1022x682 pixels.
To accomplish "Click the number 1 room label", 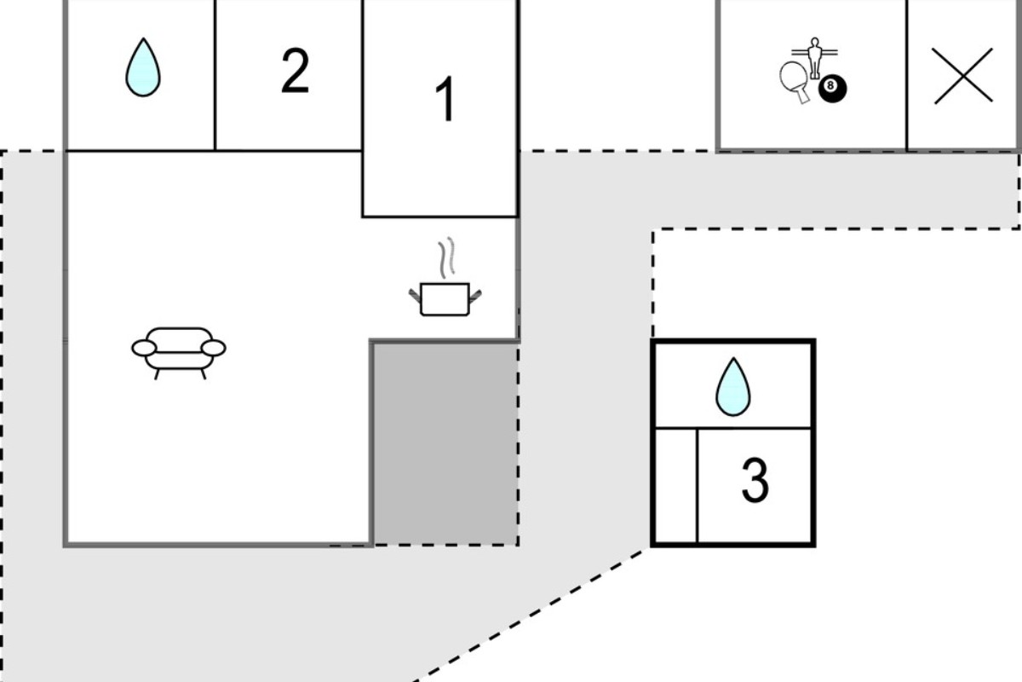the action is pyautogui.click(x=445, y=99).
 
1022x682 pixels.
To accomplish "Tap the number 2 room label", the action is pyautogui.click(x=296, y=71).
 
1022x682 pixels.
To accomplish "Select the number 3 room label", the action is pyautogui.click(x=755, y=480).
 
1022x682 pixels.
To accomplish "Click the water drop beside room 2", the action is pyautogui.click(x=143, y=67).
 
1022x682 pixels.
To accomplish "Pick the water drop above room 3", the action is pyautogui.click(x=733, y=387).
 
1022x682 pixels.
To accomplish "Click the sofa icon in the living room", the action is pyautogui.click(x=179, y=353).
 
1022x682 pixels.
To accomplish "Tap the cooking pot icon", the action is pyautogui.click(x=445, y=299).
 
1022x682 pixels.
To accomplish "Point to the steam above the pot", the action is pyautogui.click(x=447, y=257).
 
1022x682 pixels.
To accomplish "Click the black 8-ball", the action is pyautogui.click(x=832, y=88).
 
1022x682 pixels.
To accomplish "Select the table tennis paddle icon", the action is pyautogui.click(x=795, y=82).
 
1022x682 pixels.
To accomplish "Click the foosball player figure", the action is pyautogui.click(x=814, y=58).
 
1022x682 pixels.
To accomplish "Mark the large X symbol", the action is pyautogui.click(x=963, y=76).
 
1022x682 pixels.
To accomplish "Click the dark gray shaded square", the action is pyautogui.click(x=445, y=443).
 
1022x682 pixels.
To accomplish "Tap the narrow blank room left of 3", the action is pyautogui.click(x=676, y=486).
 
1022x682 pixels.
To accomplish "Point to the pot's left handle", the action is pyautogui.click(x=415, y=296).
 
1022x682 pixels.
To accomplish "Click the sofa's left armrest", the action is pyautogui.click(x=144, y=348).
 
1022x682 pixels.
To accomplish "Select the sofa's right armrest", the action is pyautogui.click(x=214, y=348).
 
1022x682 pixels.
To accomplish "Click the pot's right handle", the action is pyautogui.click(x=475, y=296).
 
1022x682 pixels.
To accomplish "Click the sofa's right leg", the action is pyautogui.click(x=204, y=374).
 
